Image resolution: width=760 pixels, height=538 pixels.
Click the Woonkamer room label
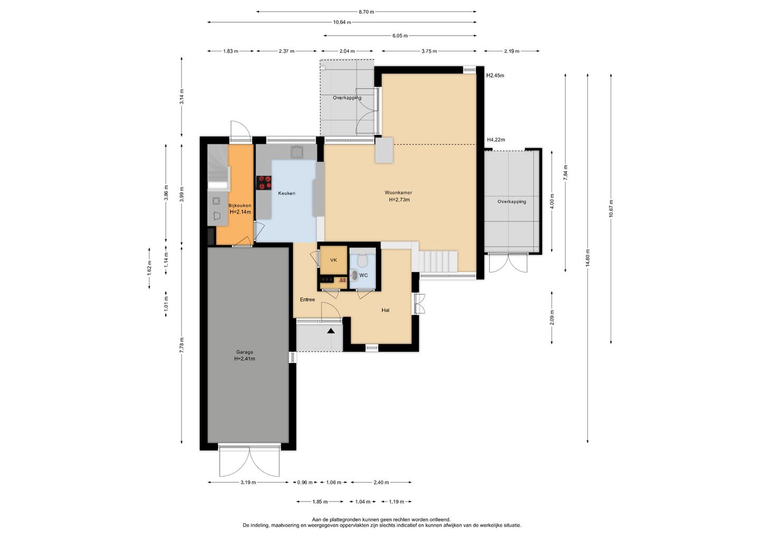click(398, 192)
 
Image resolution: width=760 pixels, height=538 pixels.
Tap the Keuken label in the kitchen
click(287, 193)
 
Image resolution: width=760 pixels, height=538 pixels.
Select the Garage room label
click(245, 352)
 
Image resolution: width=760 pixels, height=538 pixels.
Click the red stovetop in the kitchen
click(264, 183)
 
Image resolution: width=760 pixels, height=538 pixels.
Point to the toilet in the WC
click(362, 260)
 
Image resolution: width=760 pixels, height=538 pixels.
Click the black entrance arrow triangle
click(331, 331)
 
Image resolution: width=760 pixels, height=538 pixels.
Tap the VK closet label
click(334, 260)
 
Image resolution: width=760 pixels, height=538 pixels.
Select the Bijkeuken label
click(240, 206)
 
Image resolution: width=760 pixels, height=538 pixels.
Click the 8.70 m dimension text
click(366, 12)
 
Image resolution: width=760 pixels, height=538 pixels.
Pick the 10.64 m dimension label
click(342, 22)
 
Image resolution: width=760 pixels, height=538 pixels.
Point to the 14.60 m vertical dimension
click(587, 258)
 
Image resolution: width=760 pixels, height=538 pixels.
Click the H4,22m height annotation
click(496, 140)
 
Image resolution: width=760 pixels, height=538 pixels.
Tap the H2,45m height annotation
click(496, 76)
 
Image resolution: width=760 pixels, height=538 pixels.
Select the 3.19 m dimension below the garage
click(248, 483)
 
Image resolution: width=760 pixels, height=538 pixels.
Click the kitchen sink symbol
click(298, 152)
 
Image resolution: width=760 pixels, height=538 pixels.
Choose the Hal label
click(385, 310)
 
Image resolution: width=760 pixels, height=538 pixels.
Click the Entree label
click(307, 300)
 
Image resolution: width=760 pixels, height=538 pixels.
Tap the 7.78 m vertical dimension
click(182, 346)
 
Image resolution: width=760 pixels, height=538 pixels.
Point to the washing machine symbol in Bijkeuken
click(216, 201)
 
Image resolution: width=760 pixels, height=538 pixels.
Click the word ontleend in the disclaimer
click(440, 520)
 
